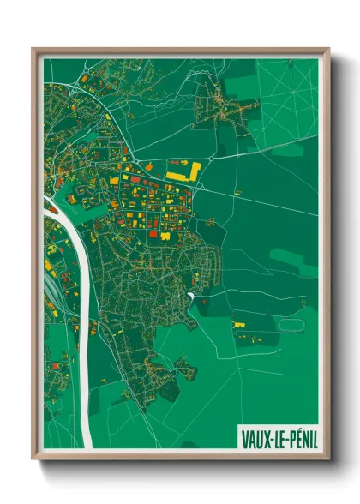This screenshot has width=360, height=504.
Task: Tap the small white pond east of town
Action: tap(189, 296)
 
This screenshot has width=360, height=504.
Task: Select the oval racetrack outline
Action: tap(291, 325)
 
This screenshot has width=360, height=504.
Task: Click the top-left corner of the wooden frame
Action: tap(33, 49)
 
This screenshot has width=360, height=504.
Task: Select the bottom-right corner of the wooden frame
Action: tap(328, 459)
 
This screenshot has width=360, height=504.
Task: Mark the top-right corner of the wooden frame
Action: tap(328, 49)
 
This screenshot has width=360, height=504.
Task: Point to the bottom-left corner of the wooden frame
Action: tap(33, 459)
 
